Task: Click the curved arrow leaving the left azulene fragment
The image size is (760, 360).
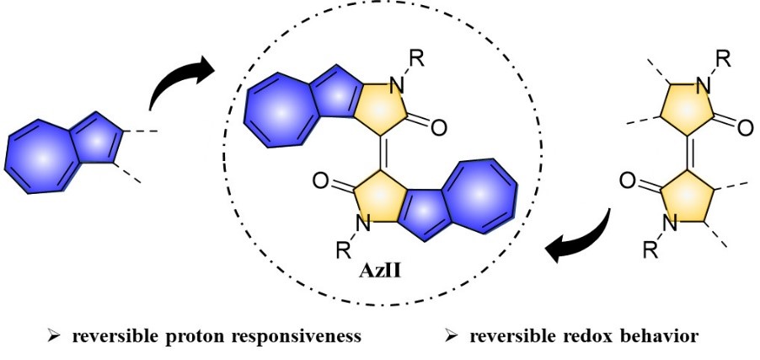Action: pyautogui.click(x=179, y=79)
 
